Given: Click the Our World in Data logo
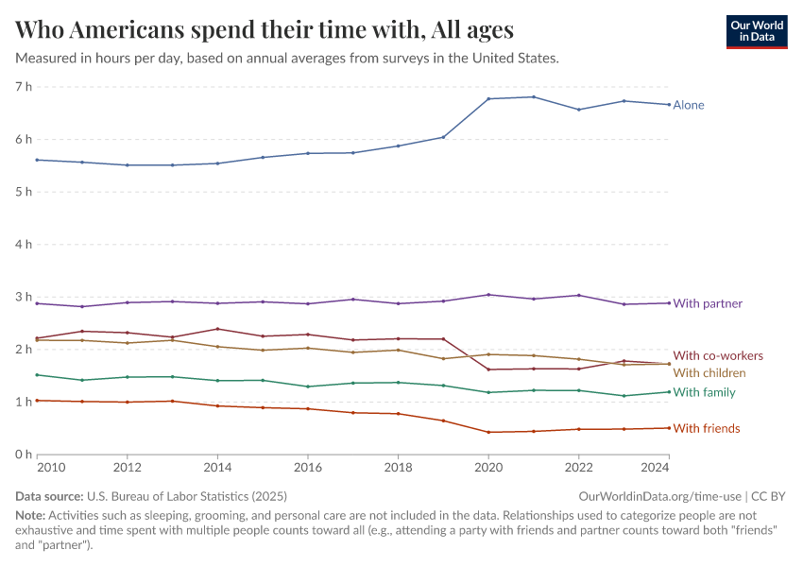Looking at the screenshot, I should coord(756,31).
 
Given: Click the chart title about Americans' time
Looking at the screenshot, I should coord(265,30).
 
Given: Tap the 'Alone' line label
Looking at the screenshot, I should coord(689,105).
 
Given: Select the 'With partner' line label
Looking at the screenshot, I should coord(708,303).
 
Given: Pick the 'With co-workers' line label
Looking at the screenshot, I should coord(717,355).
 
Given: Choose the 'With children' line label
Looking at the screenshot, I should coord(709,373).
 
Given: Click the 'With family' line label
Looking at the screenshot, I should coord(704,392).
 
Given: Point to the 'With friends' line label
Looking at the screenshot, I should coord(706,429).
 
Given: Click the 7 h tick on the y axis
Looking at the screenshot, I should coord(24,87).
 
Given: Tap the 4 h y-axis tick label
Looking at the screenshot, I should coord(24,245).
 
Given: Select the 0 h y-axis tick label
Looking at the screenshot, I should coord(24,455).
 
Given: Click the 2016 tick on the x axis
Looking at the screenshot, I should coord(307,467).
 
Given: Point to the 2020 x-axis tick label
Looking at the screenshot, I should coord(488,467).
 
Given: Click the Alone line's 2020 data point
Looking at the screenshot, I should coord(488,98).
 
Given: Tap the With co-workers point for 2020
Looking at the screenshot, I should coord(488,369).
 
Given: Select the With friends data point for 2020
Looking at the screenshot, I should coord(488,432).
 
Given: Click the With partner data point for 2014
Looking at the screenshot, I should coord(217,303).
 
